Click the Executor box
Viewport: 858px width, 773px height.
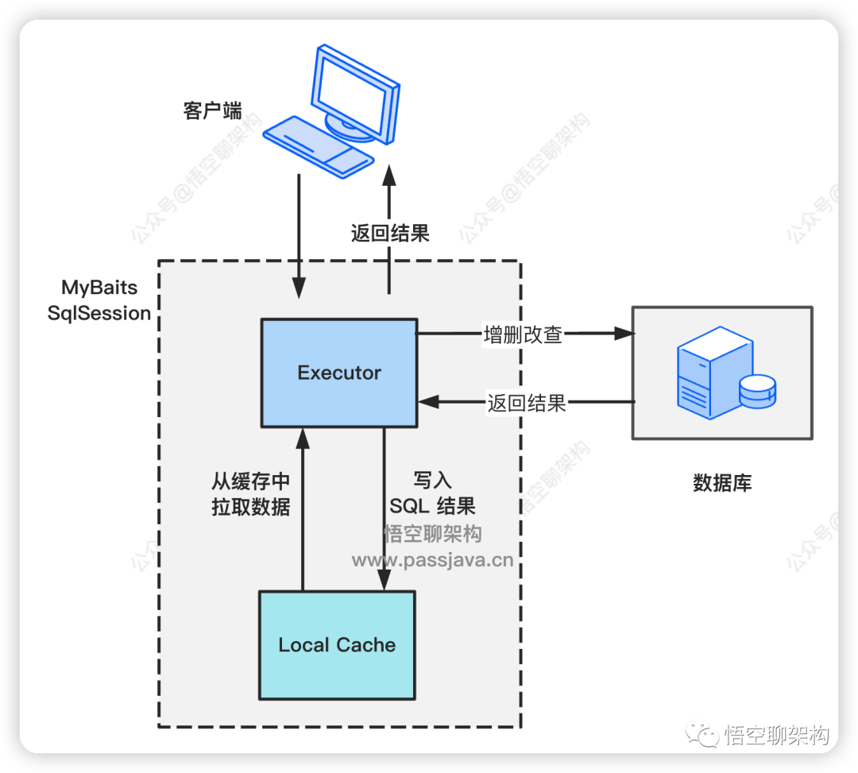(x=339, y=373)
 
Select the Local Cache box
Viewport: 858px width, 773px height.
(x=337, y=645)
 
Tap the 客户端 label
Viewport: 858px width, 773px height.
(x=212, y=110)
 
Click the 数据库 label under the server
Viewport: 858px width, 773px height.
(x=722, y=482)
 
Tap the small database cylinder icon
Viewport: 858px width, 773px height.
(x=756, y=392)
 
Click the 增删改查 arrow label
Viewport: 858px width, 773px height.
(x=523, y=334)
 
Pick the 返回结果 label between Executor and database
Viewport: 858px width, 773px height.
(x=526, y=403)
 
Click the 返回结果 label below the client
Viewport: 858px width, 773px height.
(x=390, y=233)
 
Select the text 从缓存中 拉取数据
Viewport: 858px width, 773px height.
(x=250, y=494)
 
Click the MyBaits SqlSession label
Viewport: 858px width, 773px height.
(x=99, y=300)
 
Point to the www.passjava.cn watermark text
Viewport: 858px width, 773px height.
(x=432, y=560)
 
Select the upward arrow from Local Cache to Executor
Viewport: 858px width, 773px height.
(x=302, y=508)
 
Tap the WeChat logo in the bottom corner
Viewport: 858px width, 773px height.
(x=703, y=734)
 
